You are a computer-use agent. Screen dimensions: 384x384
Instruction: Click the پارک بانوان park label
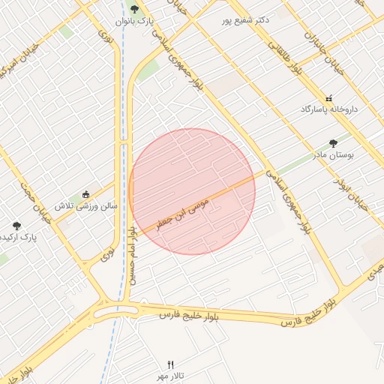click(x=135, y=22)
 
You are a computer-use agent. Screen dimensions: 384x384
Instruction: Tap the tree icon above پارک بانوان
click(x=134, y=9)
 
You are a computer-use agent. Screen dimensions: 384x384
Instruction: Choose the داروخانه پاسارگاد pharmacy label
click(x=329, y=109)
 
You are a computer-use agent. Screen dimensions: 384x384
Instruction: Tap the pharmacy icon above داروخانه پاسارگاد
click(x=328, y=98)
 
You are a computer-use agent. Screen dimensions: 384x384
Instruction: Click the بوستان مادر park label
click(x=332, y=154)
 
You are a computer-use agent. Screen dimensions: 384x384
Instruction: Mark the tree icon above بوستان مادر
click(x=333, y=142)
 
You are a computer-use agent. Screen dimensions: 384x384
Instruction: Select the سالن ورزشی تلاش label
click(x=85, y=205)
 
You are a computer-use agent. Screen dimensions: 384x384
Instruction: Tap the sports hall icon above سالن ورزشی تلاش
click(x=85, y=194)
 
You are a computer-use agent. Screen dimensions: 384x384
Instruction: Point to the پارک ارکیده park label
click(x=18, y=237)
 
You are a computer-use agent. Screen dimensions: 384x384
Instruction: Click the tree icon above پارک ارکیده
click(x=16, y=225)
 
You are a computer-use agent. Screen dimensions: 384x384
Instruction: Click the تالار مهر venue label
click(x=170, y=374)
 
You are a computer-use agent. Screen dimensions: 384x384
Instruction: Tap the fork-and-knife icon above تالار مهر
click(x=170, y=363)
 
